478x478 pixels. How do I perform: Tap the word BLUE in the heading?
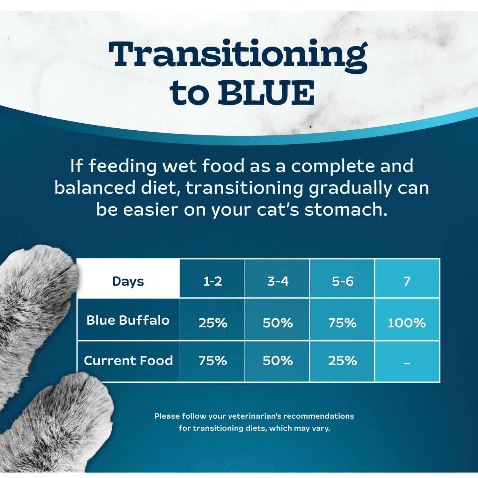[266, 93]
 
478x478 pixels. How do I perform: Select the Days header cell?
[128, 281]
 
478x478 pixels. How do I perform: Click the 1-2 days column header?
[213, 281]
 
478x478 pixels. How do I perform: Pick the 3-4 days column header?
[278, 281]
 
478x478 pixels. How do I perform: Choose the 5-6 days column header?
[343, 281]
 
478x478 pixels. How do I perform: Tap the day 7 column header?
[407, 281]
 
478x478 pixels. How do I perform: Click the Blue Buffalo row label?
[128, 320]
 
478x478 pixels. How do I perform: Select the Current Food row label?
[128, 360]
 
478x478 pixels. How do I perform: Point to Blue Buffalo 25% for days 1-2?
[213, 323]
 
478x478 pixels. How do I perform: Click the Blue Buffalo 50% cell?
[278, 323]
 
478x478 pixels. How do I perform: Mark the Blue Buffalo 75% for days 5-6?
[343, 323]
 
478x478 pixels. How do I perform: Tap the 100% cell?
[407, 323]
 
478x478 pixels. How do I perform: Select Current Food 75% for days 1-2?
[213, 361]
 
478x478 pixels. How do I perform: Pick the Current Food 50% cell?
[278, 361]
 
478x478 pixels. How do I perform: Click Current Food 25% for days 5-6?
[343, 361]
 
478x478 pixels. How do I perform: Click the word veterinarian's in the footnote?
[255, 416]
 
